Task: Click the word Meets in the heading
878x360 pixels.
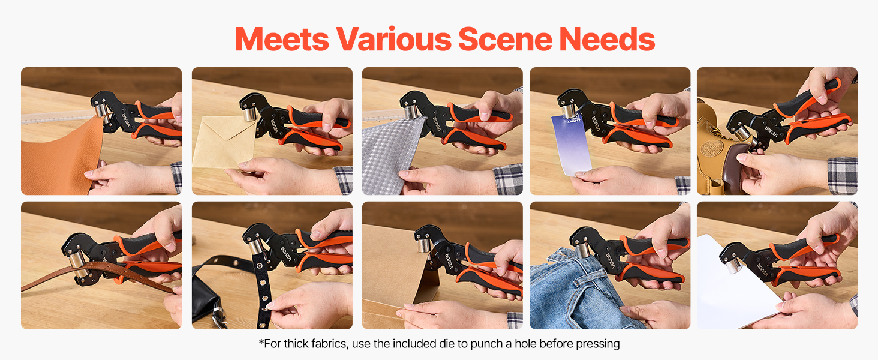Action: [x=282, y=39]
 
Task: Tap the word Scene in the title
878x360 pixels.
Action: [x=505, y=39]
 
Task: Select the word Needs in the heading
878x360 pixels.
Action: [x=607, y=39]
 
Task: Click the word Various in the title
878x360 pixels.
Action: [x=393, y=39]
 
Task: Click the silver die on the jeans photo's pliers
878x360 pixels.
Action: [x=582, y=250]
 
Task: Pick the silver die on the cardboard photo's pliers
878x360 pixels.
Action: [x=424, y=245]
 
